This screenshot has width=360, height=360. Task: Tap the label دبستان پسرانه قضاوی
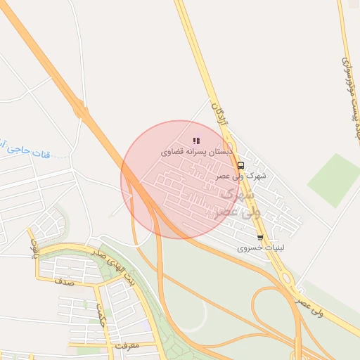point(197,152)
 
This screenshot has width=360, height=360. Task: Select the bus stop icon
point(241,166)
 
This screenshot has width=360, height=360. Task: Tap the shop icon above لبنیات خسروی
point(260,238)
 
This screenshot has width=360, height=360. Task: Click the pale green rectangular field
point(333,179)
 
